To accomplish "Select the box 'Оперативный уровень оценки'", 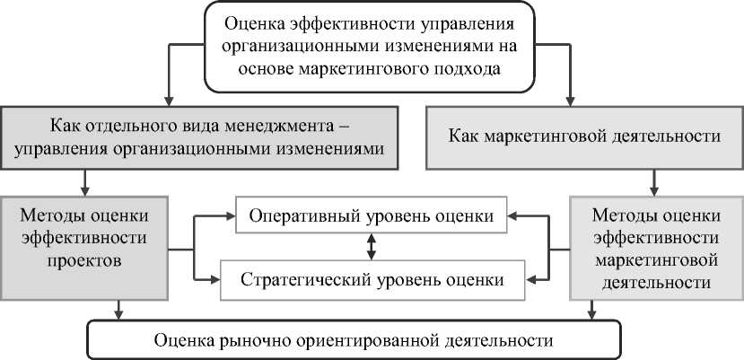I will click(371, 215).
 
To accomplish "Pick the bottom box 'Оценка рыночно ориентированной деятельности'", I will click(352, 340).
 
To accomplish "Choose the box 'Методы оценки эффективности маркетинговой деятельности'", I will click(654, 249).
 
